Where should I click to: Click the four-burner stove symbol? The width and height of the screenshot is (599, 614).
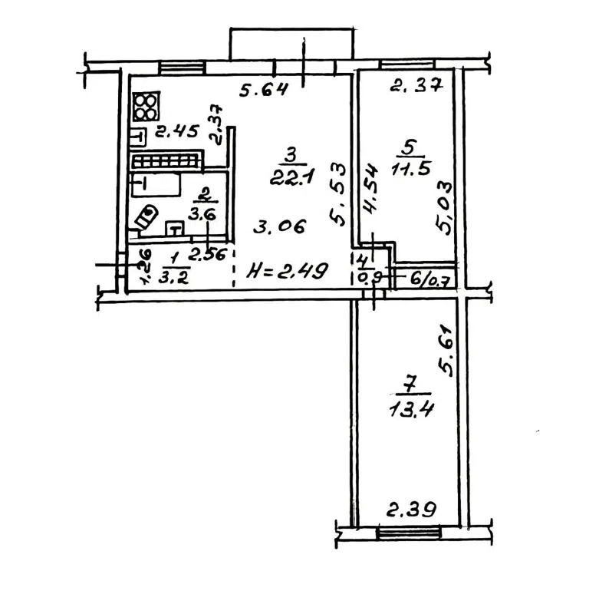[146, 107]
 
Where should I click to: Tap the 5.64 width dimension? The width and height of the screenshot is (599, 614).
[263, 90]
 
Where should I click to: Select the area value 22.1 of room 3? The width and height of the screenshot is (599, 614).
[291, 178]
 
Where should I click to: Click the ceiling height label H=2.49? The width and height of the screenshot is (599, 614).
[287, 271]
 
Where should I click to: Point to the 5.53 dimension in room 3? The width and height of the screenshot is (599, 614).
[337, 195]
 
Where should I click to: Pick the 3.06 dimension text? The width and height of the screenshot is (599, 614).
[279, 226]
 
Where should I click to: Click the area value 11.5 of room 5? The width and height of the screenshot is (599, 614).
[410, 169]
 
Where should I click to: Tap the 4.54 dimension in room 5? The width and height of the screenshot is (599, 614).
[370, 189]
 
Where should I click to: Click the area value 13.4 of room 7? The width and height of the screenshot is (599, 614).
[411, 410]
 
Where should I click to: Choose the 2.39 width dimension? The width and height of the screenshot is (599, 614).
[411, 510]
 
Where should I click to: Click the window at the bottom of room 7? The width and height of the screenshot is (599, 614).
[408, 533]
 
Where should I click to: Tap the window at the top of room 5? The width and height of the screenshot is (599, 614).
[408, 64]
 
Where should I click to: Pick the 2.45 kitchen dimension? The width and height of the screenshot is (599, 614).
[177, 131]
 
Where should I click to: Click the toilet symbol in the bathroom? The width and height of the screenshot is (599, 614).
[146, 218]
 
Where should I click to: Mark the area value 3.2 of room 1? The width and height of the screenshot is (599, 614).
[173, 278]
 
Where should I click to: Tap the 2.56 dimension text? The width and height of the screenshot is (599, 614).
[207, 255]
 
